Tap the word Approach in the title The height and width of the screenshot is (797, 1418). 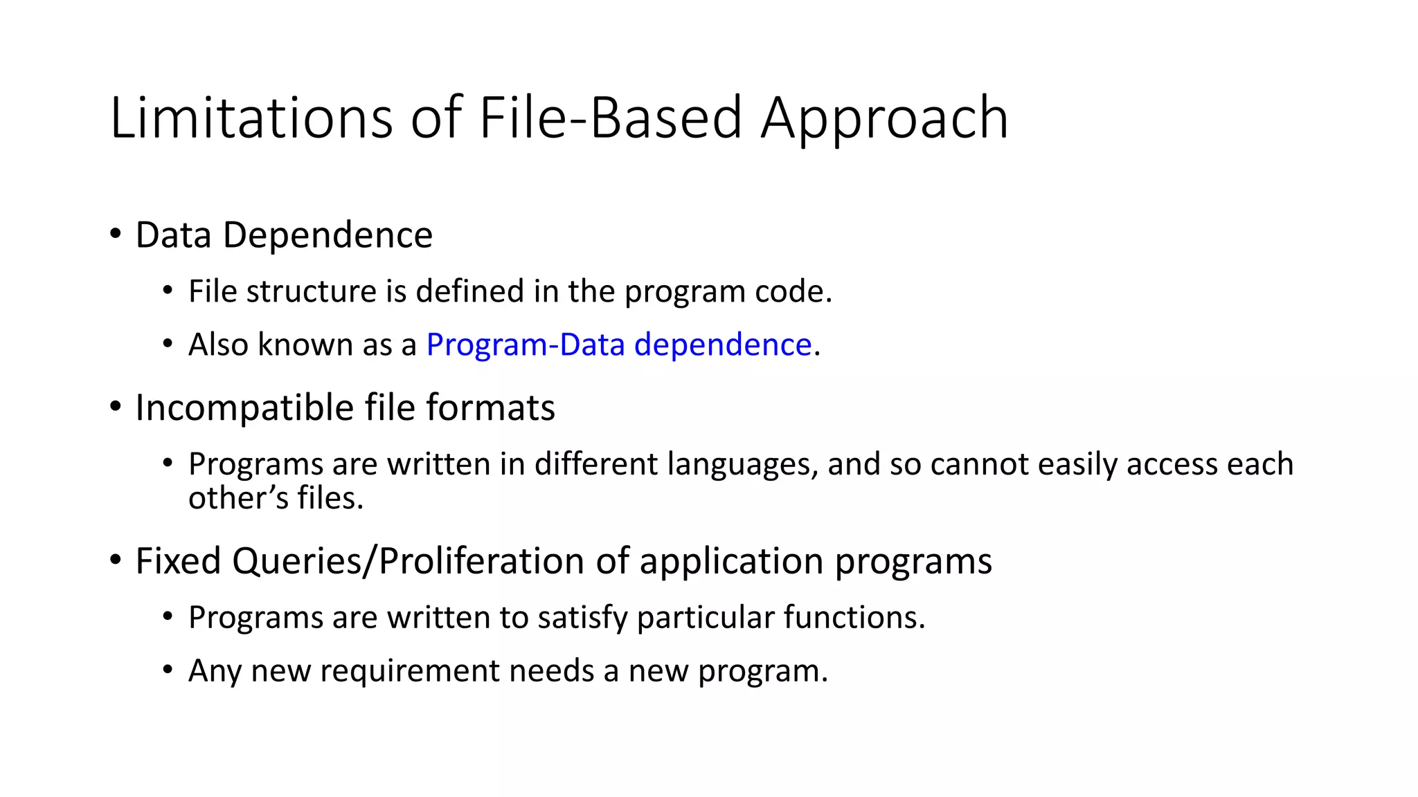coord(884,118)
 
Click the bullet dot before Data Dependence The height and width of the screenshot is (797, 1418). coord(115,233)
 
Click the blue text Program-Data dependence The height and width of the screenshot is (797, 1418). coord(618,345)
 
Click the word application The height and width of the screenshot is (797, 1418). coord(732,561)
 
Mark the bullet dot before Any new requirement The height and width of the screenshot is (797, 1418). coord(168,670)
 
